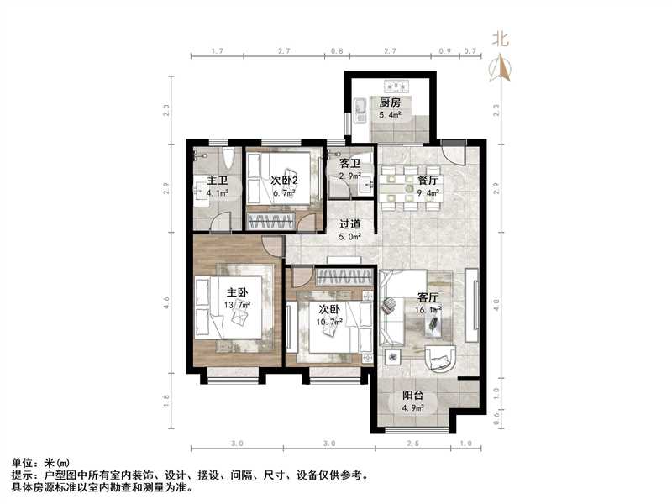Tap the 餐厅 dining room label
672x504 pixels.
[x=428, y=180]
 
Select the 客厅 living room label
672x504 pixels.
[x=429, y=297]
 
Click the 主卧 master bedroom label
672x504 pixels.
[x=237, y=293]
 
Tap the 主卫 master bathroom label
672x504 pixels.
[x=218, y=181]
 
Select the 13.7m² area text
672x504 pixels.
[x=237, y=305]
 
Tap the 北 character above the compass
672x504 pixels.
[x=501, y=38]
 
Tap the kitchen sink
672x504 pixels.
[x=360, y=107]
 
